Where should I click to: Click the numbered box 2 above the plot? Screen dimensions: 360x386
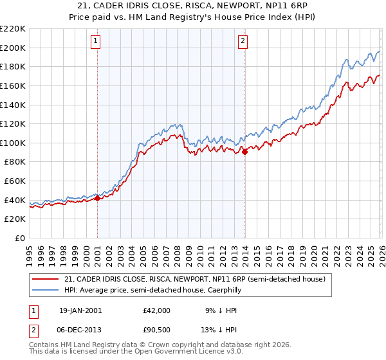pos(243,42)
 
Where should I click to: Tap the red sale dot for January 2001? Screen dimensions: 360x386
pos(97,199)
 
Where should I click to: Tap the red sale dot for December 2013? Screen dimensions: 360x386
pos(245,152)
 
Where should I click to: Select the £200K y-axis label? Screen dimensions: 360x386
pos(13,48)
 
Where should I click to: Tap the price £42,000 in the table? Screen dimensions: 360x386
pos(156,310)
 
